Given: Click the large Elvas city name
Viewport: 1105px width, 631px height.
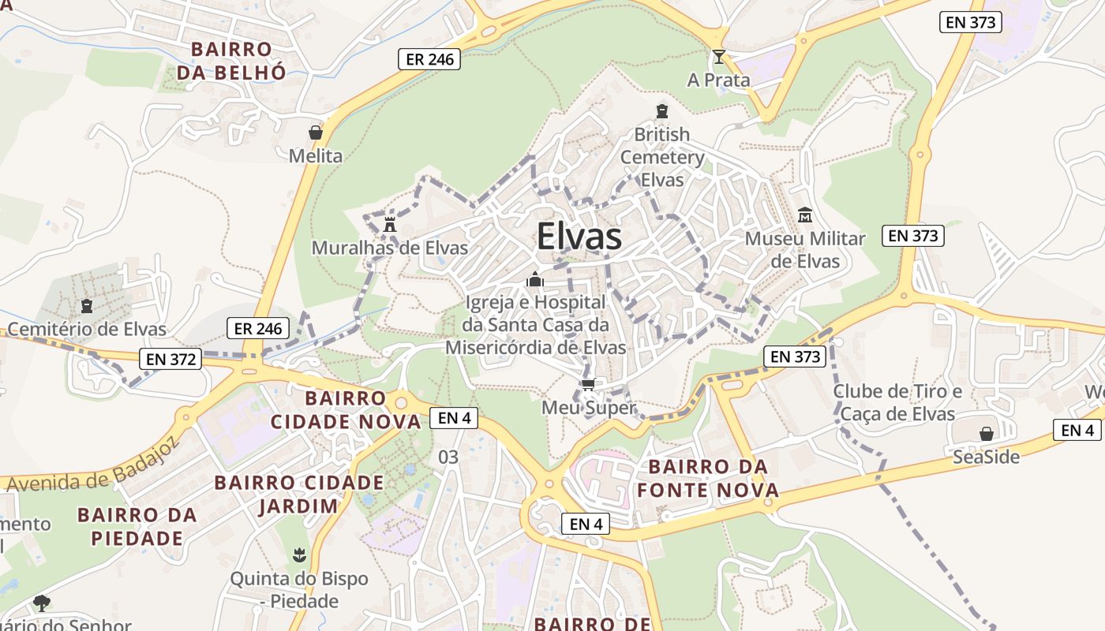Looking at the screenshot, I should click(x=579, y=237).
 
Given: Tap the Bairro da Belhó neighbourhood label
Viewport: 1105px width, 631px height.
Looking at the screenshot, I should click(x=231, y=61).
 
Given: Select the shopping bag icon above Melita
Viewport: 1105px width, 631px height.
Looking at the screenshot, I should click(x=316, y=133).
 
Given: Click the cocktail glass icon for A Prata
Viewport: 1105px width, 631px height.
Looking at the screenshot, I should click(x=718, y=57).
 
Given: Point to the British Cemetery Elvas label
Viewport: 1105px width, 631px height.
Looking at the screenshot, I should click(x=661, y=157).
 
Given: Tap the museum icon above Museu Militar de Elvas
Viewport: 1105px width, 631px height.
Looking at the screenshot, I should click(x=805, y=215).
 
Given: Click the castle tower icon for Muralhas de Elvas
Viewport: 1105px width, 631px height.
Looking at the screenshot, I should click(x=389, y=223).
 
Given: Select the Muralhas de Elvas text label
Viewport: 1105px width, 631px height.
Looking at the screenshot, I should click(x=390, y=248).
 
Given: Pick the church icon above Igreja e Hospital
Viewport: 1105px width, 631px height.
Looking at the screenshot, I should click(x=535, y=279).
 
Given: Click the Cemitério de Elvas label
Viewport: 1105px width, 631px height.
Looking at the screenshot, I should click(x=87, y=329).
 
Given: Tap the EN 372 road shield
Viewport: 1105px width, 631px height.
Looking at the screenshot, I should click(x=170, y=360).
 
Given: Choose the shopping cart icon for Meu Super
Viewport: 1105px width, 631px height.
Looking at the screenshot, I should click(x=588, y=385).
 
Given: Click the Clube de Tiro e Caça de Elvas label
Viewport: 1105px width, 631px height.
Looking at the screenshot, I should click(x=898, y=402).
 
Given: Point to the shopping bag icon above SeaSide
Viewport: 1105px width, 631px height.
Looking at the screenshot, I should click(x=986, y=434).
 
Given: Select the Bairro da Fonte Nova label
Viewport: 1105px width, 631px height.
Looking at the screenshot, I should click(x=708, y=479).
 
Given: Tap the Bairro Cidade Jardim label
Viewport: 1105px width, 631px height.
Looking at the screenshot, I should click(x=298, y=494).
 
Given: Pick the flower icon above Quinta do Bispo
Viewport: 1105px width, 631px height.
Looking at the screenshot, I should click(x=298, y=555).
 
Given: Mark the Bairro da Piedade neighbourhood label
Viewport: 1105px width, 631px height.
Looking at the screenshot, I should click(x=137, y=527).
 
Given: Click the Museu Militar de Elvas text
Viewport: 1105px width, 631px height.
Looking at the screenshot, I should click(x=805, y=249).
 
